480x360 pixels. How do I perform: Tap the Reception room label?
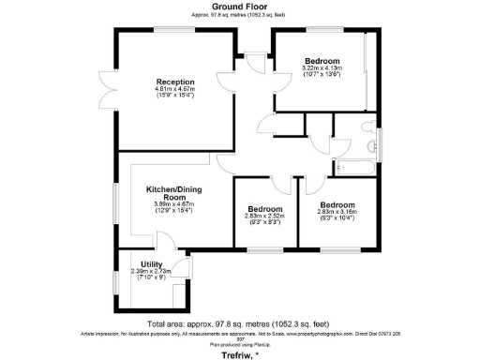pos(173,82)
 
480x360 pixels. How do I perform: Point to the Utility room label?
pos(152,264)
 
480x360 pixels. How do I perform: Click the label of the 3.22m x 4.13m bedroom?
pos(321,61)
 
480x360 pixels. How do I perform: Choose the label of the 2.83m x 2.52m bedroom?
pos(264,208)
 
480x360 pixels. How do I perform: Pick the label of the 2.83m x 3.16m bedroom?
pos(337,204)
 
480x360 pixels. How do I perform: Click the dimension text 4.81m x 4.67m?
pos(173,91)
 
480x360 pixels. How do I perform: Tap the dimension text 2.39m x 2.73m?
pos(151,272)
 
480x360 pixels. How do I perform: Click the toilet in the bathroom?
pos(370,142)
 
